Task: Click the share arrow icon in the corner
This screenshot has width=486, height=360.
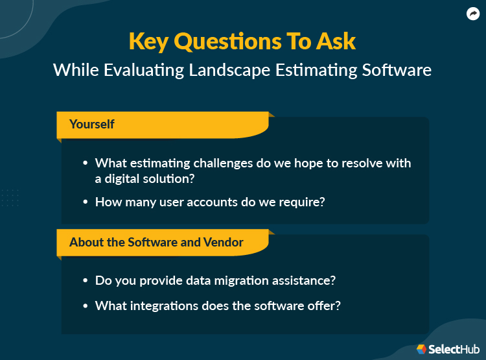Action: click(x=473, y=14)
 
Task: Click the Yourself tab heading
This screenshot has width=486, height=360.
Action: click(x=92, y=124)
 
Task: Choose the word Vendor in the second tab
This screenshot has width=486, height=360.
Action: click(x=222, y=242)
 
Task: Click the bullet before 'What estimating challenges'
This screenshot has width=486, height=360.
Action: click(x=86, y=163)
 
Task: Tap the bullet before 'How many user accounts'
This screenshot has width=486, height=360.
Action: click(x=86, y=202)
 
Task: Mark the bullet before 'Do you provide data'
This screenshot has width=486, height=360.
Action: click(x=86, y=281)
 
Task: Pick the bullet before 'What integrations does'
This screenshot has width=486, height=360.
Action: click(x=86, y=305)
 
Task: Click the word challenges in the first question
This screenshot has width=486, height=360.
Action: click(x=221, y=163)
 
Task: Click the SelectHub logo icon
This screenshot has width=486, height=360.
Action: click(x=421, y=349)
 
